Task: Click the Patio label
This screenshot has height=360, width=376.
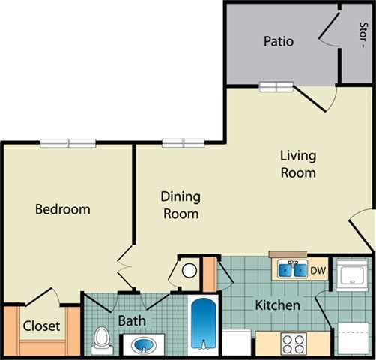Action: [278, 41]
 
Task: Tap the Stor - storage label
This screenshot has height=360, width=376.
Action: [363, 34]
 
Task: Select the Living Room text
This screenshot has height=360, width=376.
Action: [298, 164]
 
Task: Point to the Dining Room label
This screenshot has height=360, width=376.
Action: [181, 205]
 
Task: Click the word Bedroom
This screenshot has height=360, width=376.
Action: [63, 209]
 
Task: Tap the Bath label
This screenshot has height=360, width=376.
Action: [132, 321]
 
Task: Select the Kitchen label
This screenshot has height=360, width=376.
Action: [278, 305]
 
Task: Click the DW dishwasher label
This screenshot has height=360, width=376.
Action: [318, 270]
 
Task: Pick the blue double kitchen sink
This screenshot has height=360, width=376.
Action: [291, 269]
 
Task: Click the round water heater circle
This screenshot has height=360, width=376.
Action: [189, 271]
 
